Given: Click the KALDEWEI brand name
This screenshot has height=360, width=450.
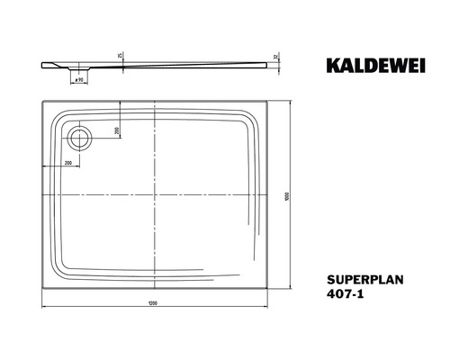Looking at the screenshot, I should coord(374,64).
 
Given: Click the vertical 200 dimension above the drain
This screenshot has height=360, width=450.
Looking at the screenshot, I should coord(117,131).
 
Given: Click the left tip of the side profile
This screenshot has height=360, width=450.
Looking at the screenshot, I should coord(41,64).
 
